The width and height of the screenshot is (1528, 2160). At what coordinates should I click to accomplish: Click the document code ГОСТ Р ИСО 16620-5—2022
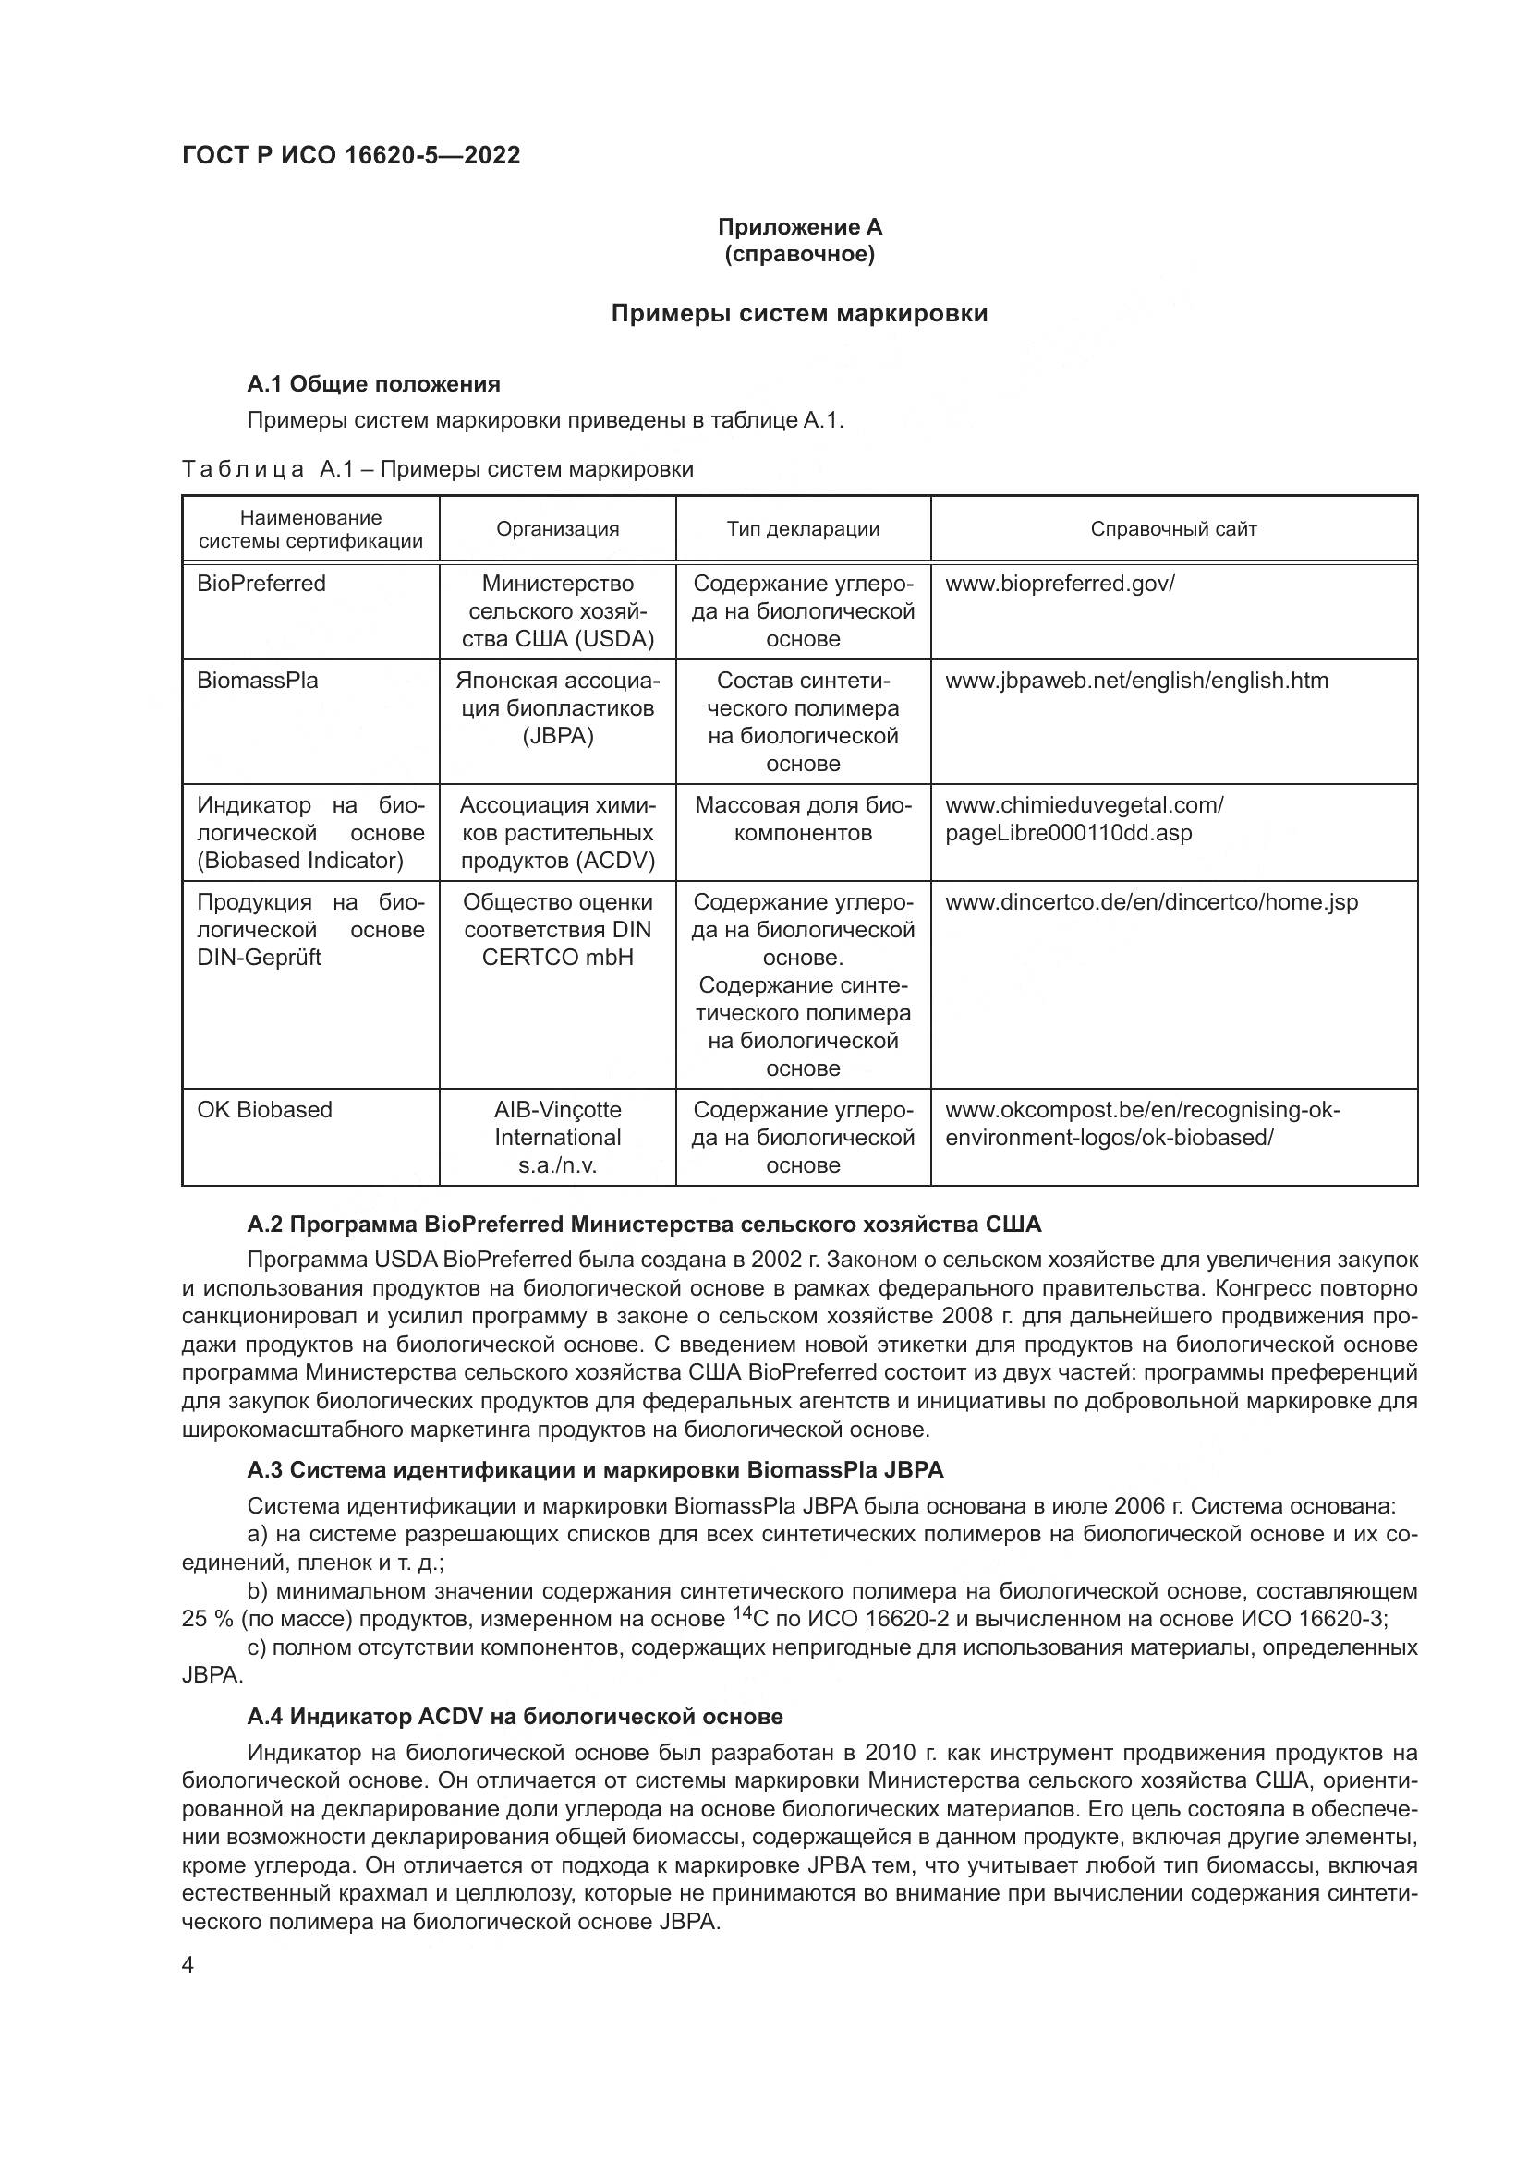point(351,155)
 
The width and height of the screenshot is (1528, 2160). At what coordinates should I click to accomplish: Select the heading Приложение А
point(799,227)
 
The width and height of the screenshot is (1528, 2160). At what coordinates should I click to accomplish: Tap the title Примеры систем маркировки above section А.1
point(799,313)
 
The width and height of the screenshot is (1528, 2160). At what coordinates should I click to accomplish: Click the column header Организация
point(557,529)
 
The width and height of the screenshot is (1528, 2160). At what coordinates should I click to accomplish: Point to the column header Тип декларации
point(803,529)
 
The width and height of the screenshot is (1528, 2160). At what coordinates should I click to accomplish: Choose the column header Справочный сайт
point(1172,529)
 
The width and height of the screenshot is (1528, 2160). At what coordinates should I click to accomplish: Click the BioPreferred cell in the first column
point(261,584)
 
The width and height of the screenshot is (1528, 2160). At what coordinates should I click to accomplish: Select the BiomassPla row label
point(257,681)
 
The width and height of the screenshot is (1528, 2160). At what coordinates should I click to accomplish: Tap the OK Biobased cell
point(264,1109)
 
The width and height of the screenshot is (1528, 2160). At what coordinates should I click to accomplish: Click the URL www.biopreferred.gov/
point(1060,584)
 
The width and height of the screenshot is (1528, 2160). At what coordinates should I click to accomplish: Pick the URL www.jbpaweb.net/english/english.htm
point(1135,681)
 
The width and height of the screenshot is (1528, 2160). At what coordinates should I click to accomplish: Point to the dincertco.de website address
point(1151,902)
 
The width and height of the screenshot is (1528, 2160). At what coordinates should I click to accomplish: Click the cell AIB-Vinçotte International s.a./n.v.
point(557,1137)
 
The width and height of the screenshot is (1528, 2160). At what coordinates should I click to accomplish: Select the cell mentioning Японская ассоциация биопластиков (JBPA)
point(557,707)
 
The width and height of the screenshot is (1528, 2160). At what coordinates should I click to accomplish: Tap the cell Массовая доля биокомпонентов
point(803,818)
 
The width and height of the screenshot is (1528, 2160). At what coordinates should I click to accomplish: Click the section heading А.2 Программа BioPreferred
point(644,1224)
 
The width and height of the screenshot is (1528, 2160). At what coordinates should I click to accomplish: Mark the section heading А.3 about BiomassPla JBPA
point(595,1469)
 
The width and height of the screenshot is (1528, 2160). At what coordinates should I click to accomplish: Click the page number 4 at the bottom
point(188,1965)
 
